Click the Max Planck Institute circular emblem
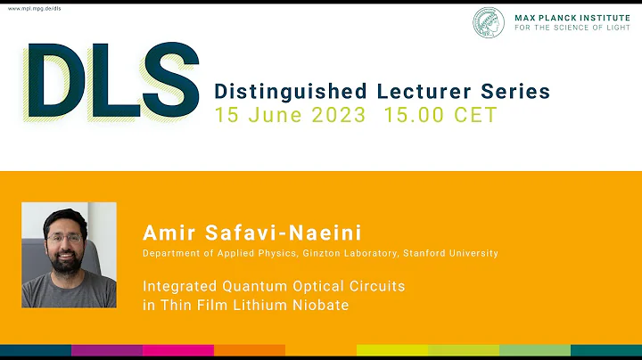pyautogui.click(x=490, y=22)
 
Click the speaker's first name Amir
pyautogui.click(x=166, y=233)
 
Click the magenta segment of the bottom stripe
pyautogui.click(x=178, y=351)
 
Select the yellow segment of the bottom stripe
pyautogui.click(x=392, y=351)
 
